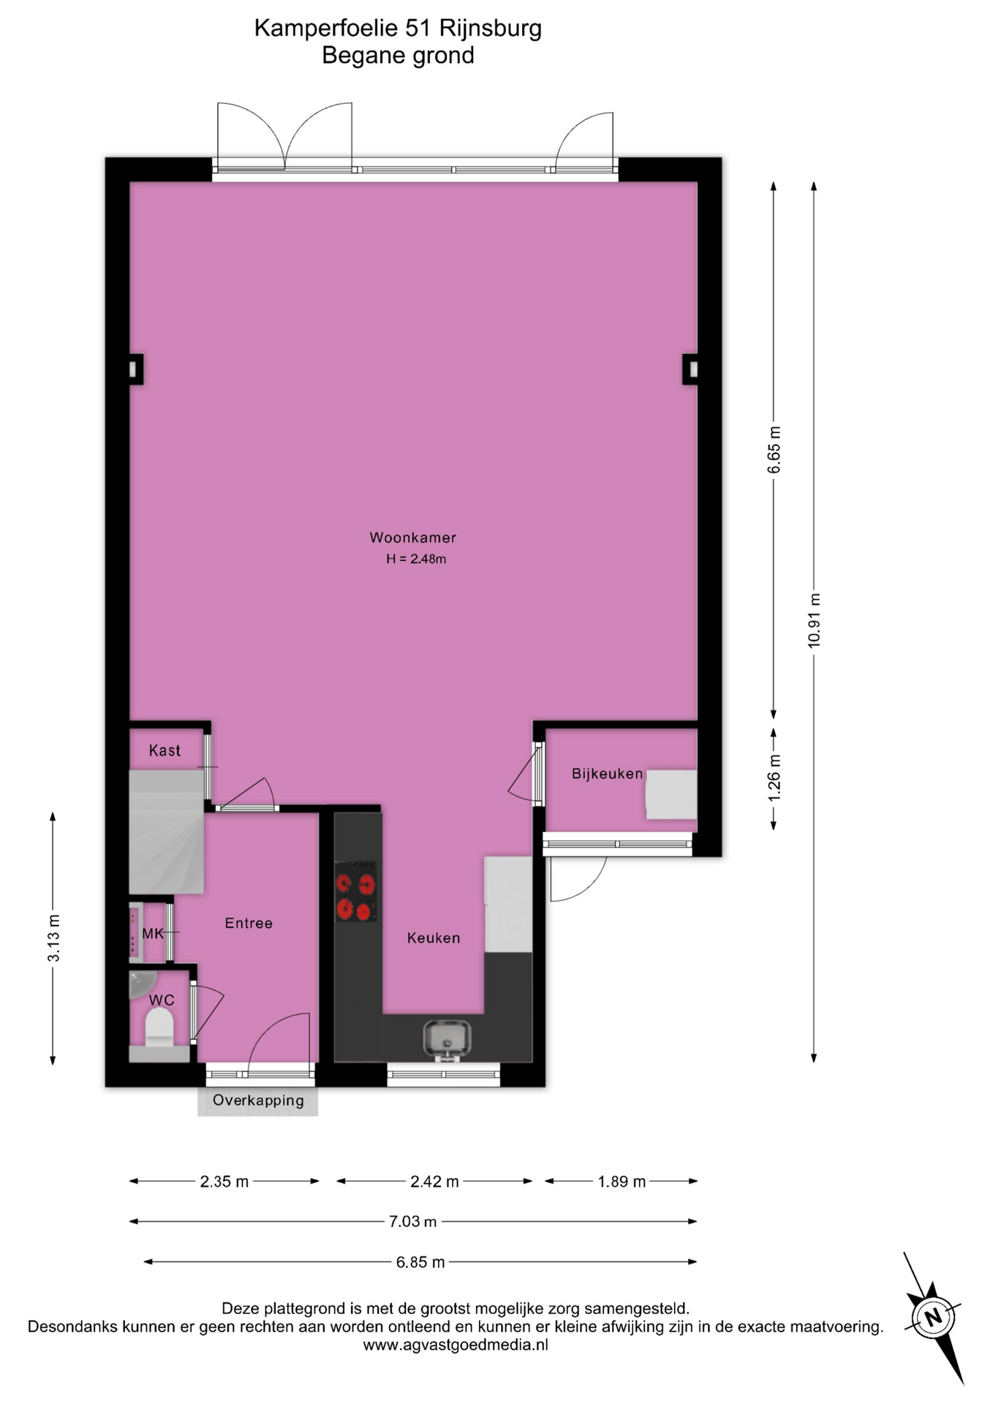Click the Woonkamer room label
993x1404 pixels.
click(x=412, y=537)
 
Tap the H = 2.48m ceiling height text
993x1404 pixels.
click(x=416, y=559)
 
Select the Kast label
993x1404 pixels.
click(x=165, y=750)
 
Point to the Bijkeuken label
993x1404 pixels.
click(x=607, y=774)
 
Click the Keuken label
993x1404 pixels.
click(x=434, y=938)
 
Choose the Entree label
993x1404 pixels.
click(x=249, y=924)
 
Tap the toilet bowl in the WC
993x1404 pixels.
click(x=159, y=1027)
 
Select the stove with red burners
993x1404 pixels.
click(x=355, y=891)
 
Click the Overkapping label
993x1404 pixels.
click(x=258, y=1100)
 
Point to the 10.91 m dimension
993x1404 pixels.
click(x=814, y=621)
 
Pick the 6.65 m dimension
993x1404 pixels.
click(x=774, y=450)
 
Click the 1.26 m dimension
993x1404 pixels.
click(x=774, y=777)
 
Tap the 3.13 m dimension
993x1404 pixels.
click(x=53, y=938)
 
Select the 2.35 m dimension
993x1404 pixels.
click(x=224, y=1181)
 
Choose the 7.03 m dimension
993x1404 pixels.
click(x=413, y=1221)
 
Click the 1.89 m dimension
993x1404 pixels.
click(x=622, y=1181)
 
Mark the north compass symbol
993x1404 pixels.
click(x=934, y=1318)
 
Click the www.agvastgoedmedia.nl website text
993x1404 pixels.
click(x=456, y=1344)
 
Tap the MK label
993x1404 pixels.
click(x=153, y=934)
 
